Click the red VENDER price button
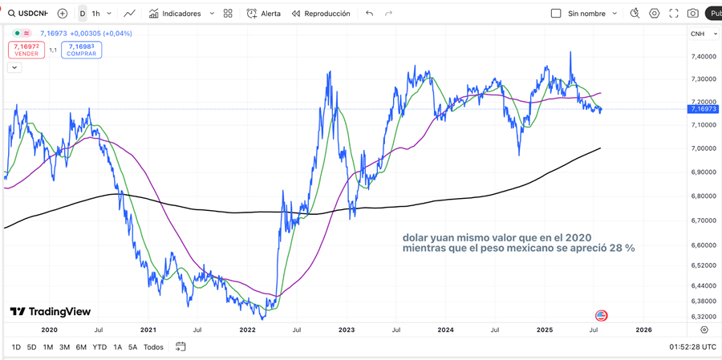pyautogui.click(x=26, y=50)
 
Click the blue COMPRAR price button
pyautogui.click(x=81, y=50)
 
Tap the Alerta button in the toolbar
pyautogui.click(x=264, y=14)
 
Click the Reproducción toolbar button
pyautogui.click(x=321, y=14)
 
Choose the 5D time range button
pyautogui.click(x=31, y=347)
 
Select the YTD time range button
pyautogui.click(x=99, y=347)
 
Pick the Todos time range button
pyautogui.click(x=153, y=347)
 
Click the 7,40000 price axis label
pyautogui.click(x=704, y=56)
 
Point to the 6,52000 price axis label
pyautogui.click(x=704, y=265)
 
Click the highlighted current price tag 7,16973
pyautogui.click(x=704, y=108)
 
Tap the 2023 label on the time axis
pyautogui.click(x=346, y=330)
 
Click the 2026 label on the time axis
pyautogui.click(x=643, y=330)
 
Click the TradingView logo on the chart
pyautogui.click(x=50, y=311)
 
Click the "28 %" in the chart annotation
pyautogui.click(x=622, y=249)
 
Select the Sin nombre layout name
pyautogui.click(x=586, y=14)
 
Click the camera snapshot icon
pyautogui.click(x=692, y=14)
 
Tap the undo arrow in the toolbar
pyautogui.click(x=369, y=14)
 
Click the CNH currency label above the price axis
pyautogui.click(x=697, y=34)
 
